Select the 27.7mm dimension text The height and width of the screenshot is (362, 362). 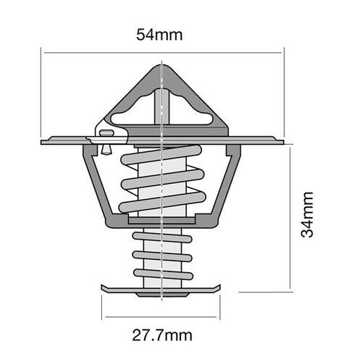tap(161, 335)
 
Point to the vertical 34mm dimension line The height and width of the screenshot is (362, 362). tap(290, 217)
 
